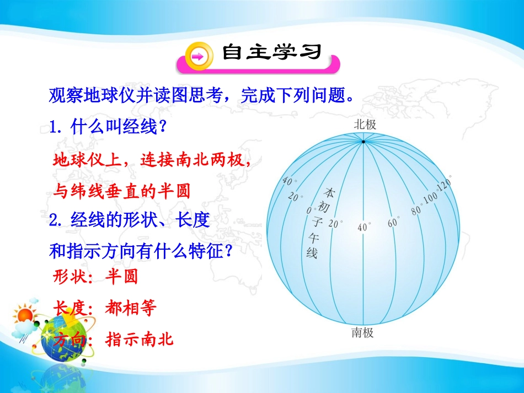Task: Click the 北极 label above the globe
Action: (365, 125)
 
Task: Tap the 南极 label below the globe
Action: (362, 332)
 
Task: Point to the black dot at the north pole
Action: (363, 142)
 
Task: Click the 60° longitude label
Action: (393, 222)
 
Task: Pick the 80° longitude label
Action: (416, 210)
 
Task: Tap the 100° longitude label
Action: (431, 197)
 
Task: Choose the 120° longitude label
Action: (445, 184)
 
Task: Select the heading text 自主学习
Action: (272, 52)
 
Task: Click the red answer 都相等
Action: (130, 308)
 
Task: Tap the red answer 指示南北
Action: (140, 339)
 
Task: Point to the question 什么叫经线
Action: (114, 127)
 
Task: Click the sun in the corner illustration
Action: (24, 315)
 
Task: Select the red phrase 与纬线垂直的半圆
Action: (122, 191)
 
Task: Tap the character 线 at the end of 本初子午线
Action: (312, 253)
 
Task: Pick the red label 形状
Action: (70, 277)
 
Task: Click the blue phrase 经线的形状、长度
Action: (140, 220)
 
